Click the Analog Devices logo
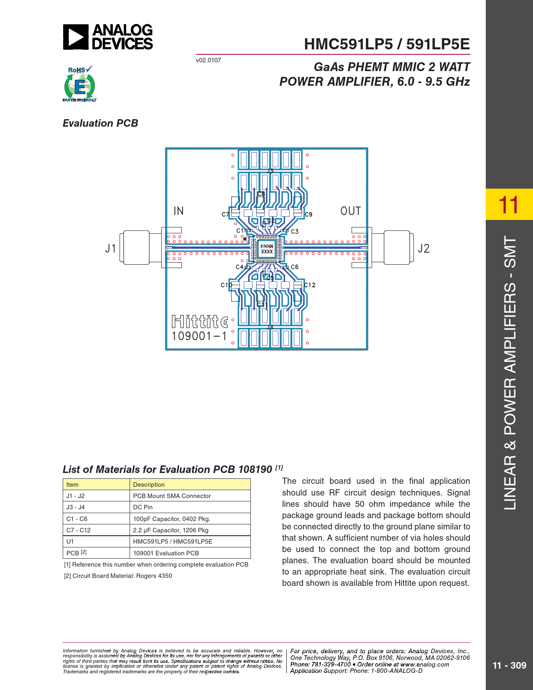(x=108, y=37)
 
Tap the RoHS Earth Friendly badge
(x=79, y=84)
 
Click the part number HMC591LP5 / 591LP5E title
(x=387, y=44)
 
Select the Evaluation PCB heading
(x=100, y=123)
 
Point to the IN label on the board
(x=179, y=211)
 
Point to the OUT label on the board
(x=350, y=211)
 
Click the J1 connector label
(x=110, y=248)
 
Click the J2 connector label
(x=423, y=248)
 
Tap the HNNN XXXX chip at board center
(x=267, y=249)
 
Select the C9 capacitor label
(x=309, y=215)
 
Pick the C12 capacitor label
(x=310, y=285)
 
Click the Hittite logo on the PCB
(x=200, y=322)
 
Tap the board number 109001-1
(x=199, y=336)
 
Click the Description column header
(x=149, y=485)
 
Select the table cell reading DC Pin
(x=143, y=507)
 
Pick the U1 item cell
(x=70, y=542)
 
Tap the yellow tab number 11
(x=509, y=204)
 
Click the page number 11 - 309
(x=509, y=665)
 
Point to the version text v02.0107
(x=208, y=60)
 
